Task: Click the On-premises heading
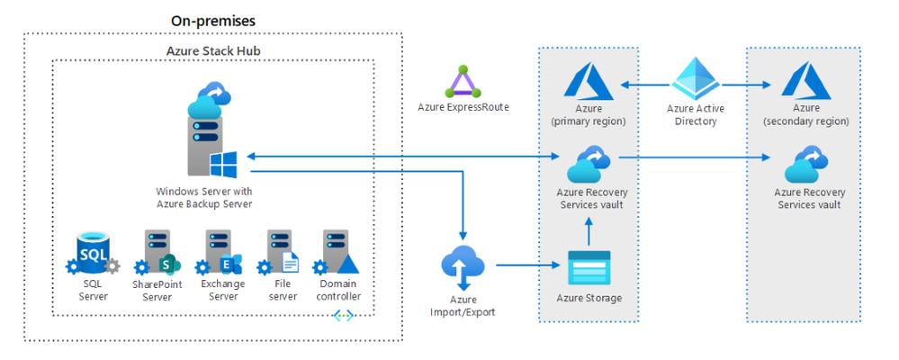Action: click(213, 20)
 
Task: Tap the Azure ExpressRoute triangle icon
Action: click(463, 82)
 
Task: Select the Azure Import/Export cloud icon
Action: click(463, 266)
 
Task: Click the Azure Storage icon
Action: click(589, 268)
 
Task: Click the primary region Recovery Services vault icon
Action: click(589, 164)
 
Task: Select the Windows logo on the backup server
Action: click(223, 165)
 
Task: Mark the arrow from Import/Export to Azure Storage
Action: click(526, 265)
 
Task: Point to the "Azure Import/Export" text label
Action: click(463, 306)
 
